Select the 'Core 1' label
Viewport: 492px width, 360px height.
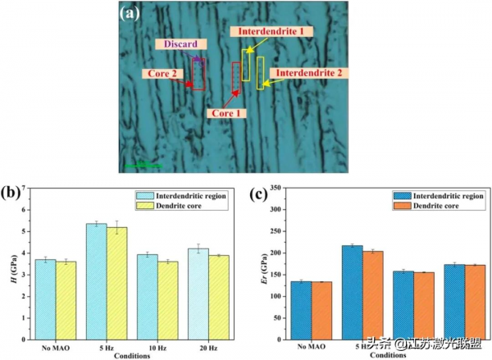[226, 112]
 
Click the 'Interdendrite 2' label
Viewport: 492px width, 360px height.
[308, 73]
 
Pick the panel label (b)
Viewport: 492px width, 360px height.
[11, 194]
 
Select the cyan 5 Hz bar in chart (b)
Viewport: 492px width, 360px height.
[97, 280]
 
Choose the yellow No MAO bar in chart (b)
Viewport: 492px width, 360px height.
[66, 298]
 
